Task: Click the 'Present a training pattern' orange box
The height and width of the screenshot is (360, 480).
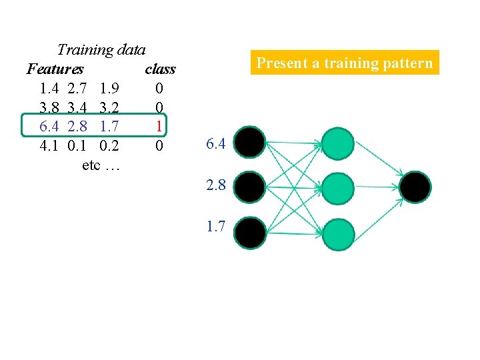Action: click(345, 63)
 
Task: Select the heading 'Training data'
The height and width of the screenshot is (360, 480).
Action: click(101, 49)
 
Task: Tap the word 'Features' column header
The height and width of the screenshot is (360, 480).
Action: click(55, 69)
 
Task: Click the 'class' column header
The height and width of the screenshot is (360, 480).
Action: click(160, 69)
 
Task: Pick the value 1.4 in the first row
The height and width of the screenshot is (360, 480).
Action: click(49, 87)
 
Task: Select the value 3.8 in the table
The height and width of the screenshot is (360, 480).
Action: click(49, 107)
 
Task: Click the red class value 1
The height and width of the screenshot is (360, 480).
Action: click(159, 125)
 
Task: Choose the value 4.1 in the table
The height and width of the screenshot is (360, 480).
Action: click(49, 145)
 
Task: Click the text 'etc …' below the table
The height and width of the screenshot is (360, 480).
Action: click(101, 164)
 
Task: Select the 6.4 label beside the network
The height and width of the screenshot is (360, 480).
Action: click(216, 143)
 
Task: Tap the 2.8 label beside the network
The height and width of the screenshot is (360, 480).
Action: click(216, 186)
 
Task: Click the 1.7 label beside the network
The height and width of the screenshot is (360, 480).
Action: click(216, 227)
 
